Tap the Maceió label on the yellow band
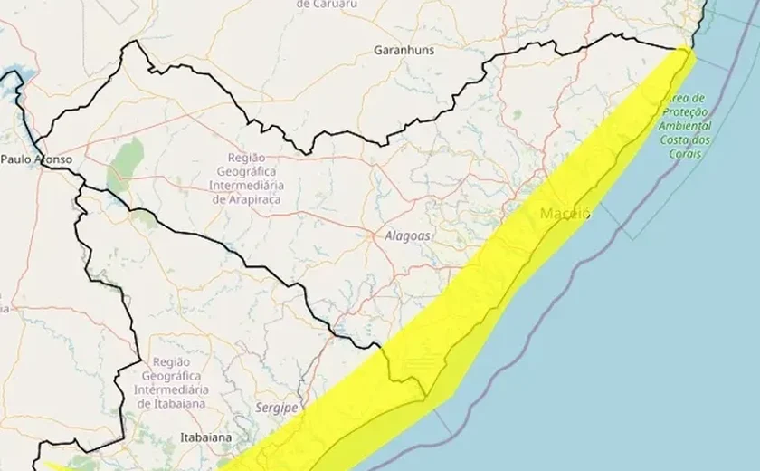point(565,214)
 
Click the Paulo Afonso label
point(35,159)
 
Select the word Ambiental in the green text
point(686,126)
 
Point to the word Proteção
point(687,112)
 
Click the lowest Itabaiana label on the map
point(204,437)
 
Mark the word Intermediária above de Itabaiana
point(172,389)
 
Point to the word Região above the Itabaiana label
point(172,361)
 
